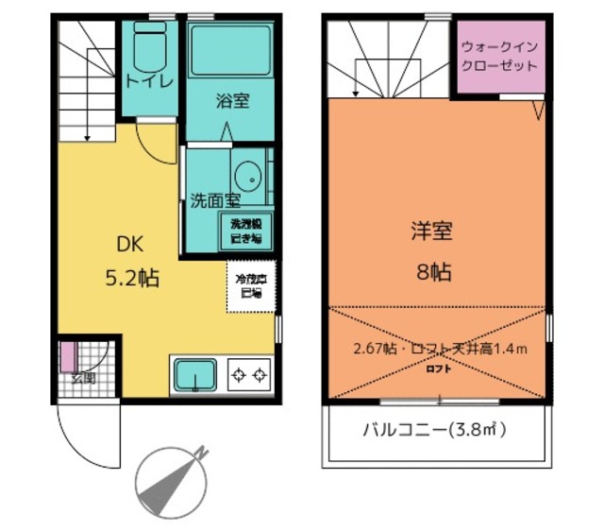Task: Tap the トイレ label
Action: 150,82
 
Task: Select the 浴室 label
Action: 231,100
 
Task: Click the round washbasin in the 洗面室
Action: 248,176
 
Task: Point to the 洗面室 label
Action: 215,200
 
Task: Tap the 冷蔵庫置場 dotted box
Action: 251,286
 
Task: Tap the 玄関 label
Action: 82,379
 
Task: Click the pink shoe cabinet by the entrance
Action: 67,357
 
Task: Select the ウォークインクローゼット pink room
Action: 500,57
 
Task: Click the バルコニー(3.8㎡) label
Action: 435,431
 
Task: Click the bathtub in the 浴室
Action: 230,52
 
